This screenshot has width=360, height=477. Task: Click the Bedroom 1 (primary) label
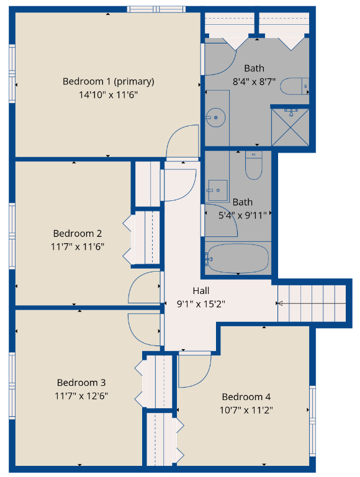pyautogui.click(x=109, y=81)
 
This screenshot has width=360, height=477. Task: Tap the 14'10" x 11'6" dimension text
pyautogui.click(x=109, y=95)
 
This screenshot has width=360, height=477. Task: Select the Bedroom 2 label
pyautogui.click(x=78, y=233)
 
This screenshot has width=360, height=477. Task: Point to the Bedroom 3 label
pyautogui.click(x=81, y=382)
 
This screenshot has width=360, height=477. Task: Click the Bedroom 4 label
pyautogui.click(x=246, y=397)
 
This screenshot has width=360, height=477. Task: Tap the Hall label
pyautogui.click(x=201, y=291)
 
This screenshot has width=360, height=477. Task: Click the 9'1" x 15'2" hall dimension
pyautogui.click(x=201, y=304)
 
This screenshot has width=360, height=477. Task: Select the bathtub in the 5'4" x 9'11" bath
pyautogui.click(x=236, y=258)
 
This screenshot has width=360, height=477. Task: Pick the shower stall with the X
pyautogui.click(x=290, y=127)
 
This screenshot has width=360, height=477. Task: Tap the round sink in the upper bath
pyautogui.click(x=216, y=117)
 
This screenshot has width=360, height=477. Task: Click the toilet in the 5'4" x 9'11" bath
pyautogui.click(x=254, y=165)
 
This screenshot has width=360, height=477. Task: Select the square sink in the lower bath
pyautogui.click(x=218, y=190)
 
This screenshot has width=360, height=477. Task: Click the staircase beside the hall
pyautogui.click(x=312, y=303)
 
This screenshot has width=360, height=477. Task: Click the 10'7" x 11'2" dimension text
pyautogui.click(x=246, y=410)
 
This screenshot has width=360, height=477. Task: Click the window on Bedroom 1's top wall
pyautogui.click(x=156, y=9)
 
